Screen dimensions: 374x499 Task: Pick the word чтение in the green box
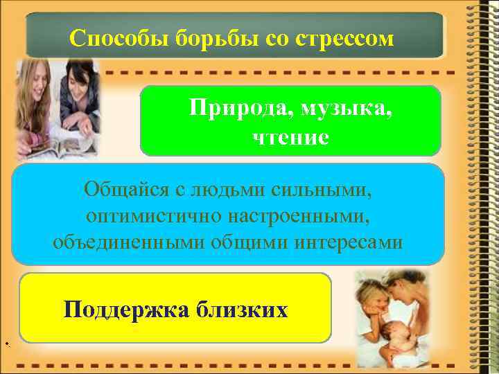(x=290, y=137)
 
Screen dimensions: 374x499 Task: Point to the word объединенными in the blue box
(x=121, y=243)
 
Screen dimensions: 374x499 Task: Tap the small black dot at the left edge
(x=5, y=344)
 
